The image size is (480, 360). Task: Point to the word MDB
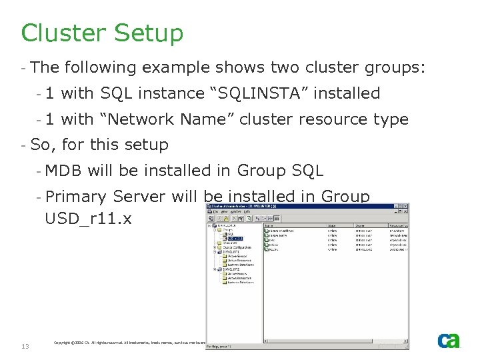63,171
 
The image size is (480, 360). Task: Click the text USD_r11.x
88,218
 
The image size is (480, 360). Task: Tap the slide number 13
25,346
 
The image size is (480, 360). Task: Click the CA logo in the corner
448,340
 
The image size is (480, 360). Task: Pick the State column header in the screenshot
332,225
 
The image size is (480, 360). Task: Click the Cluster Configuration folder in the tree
235,247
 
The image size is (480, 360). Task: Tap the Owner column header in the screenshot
360,225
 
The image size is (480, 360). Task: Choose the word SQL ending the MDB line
308,171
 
